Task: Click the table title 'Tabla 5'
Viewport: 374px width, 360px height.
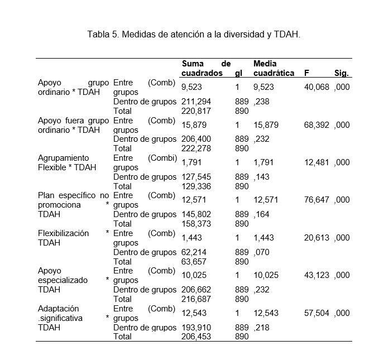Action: coord(194,34)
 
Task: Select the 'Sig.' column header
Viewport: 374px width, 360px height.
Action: coord(342,73)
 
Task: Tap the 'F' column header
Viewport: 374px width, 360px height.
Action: coord(306,73)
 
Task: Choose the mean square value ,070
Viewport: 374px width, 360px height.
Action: coord(261,252)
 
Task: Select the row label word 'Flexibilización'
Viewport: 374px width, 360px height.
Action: coord(63,233)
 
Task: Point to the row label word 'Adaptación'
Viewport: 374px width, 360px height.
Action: coord(58,308)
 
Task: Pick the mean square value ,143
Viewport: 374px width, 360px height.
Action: coord(261,177)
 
